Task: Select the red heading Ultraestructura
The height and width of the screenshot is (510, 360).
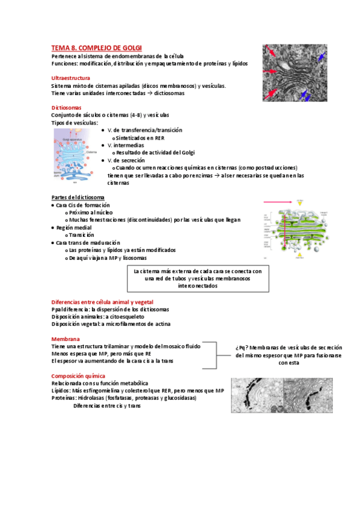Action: (71, 78)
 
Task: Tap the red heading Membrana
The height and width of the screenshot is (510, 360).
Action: (66, 339)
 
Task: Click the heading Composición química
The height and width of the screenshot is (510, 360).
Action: (79, 375)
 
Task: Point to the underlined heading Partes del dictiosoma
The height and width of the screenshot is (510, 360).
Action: (78, 198)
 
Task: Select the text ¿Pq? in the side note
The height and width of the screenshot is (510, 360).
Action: (242, 348)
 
